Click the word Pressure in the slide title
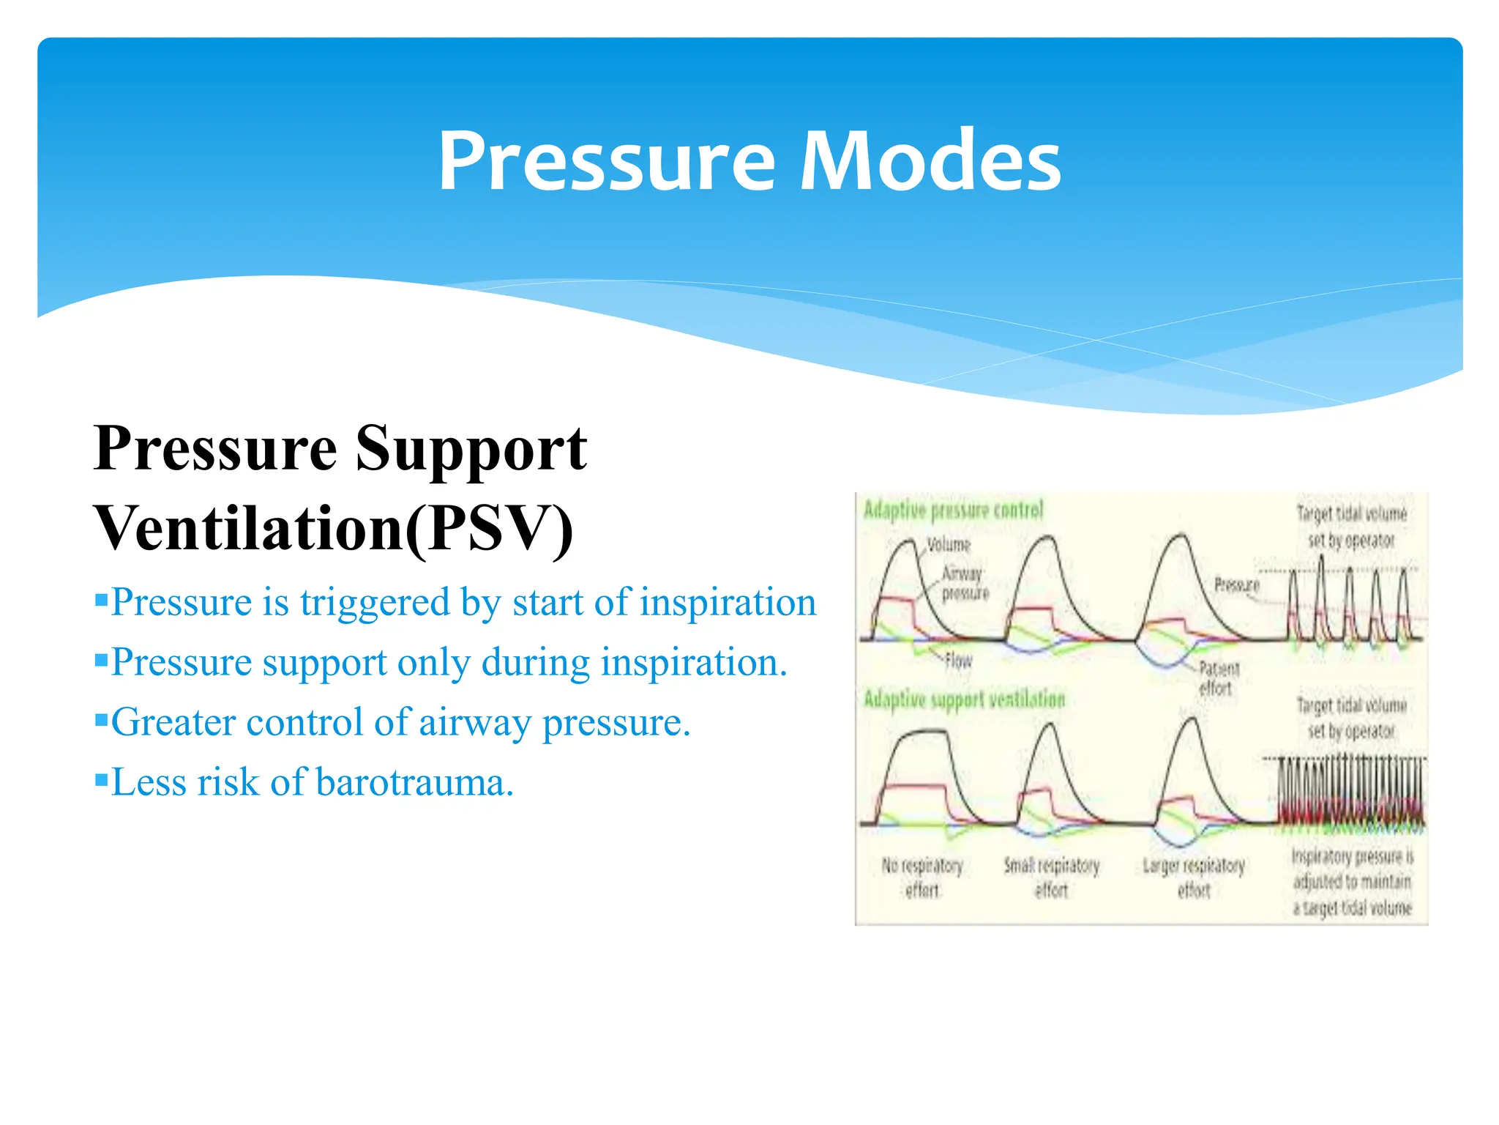[606, 161]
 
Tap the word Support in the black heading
[471, 448]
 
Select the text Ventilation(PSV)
[334, 529]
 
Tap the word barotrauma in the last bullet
[414, 783]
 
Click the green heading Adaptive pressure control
[953, 510]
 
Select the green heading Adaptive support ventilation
[964, 699]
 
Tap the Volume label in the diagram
[949, 545]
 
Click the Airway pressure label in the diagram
[964, 583]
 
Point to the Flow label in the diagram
[958, 661]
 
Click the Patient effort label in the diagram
[1218, 678]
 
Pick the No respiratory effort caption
[922, 877]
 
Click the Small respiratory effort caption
[1051, 877]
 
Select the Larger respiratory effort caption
[1193, 877]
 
